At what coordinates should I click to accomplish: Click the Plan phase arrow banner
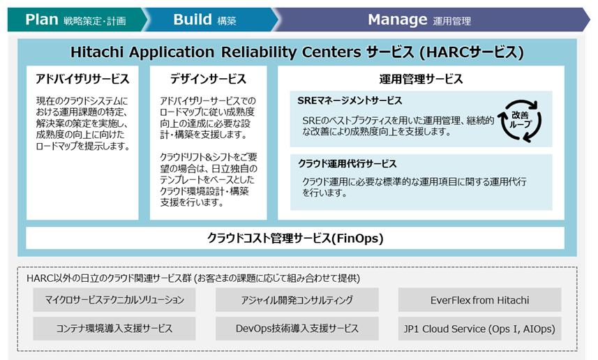[x=73, y=20]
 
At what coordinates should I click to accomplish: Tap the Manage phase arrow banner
[x=419, y=20]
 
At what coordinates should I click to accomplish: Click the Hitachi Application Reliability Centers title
[x=297, y=52]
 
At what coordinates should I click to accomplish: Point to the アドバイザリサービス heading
[x=82, y=79]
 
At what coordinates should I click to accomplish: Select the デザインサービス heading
[x=208, y=79]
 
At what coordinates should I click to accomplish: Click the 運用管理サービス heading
[x=420, y=79]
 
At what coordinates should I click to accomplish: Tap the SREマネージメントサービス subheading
[x=350, y=101]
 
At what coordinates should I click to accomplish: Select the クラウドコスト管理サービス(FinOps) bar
[x=295, y=238]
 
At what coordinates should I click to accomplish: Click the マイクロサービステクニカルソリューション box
[x=114, y=300]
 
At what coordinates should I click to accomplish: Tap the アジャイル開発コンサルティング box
[x=297, y=300]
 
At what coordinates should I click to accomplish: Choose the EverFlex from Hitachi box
[x=479, y=300]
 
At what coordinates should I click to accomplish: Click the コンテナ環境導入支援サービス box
[x=114, y=328]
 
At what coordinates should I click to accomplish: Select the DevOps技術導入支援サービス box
[x=297, y=328]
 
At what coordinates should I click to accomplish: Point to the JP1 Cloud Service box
[x=479, y=328]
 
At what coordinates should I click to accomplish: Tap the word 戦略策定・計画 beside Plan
[x=94, y=21]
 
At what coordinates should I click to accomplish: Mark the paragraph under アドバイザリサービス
[x=82, y=123]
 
